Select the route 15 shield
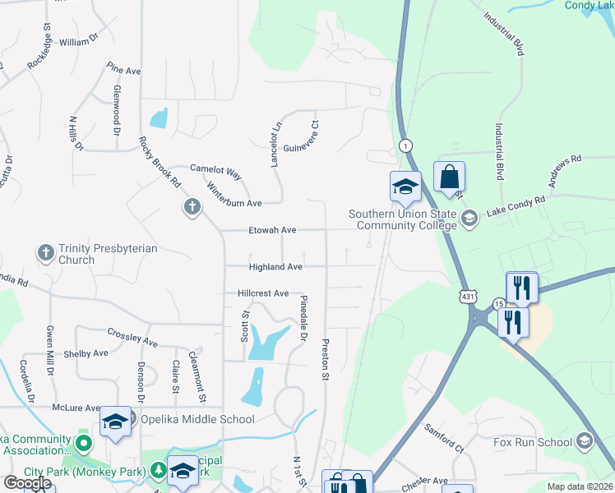tap(498, 303)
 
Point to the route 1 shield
tap(405, 145)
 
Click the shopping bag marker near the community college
tap(449, 177)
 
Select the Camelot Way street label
tap(215, 171)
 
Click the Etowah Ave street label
tap(272, 231)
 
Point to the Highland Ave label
tap(276, 266)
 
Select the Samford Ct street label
tap(444, 438)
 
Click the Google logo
tap(26, 483)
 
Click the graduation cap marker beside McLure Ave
tap(115, 422)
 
